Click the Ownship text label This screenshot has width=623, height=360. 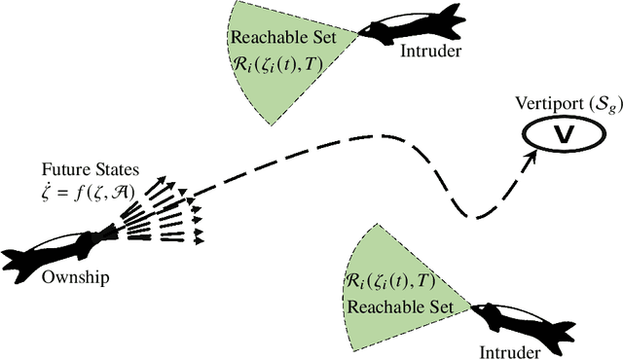[76, 277]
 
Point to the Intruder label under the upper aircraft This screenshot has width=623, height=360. [424, 51]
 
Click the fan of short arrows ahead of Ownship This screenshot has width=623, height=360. [165, 210]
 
